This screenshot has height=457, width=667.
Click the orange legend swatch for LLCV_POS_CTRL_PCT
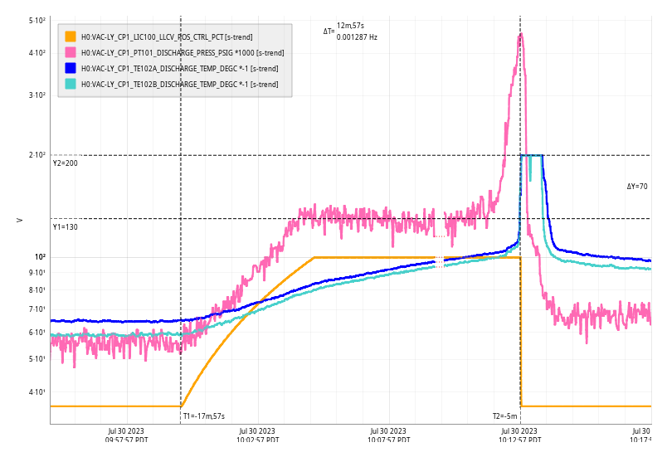coord(71,36)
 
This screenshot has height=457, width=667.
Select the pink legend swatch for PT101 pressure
coord(71,52)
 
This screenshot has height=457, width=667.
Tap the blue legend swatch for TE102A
coord(71,68)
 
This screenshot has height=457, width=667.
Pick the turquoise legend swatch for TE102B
coord(71,84)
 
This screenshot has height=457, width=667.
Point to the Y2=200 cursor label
coord(66,163)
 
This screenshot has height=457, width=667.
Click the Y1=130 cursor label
coord(66,226)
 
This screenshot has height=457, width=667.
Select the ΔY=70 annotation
coord(637,187)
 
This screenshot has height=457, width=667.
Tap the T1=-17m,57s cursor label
coord(204,416)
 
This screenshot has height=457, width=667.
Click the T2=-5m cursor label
coord(504,416)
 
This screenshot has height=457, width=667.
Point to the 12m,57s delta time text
coord(350,26)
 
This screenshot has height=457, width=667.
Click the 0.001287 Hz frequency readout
coord(357,37)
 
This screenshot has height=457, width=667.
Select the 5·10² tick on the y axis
coord(37,20)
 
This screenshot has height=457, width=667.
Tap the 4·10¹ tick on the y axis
coord(37,392)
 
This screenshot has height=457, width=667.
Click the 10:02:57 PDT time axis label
coord(257,435)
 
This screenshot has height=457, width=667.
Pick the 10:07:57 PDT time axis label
coord(388,435)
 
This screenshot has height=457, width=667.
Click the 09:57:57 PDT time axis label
coord(127,435)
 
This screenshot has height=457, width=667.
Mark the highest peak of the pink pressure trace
coord(520,35)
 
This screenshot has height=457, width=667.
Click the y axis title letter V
coord(20,220)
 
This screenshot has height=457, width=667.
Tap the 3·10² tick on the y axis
coord(37,95)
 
